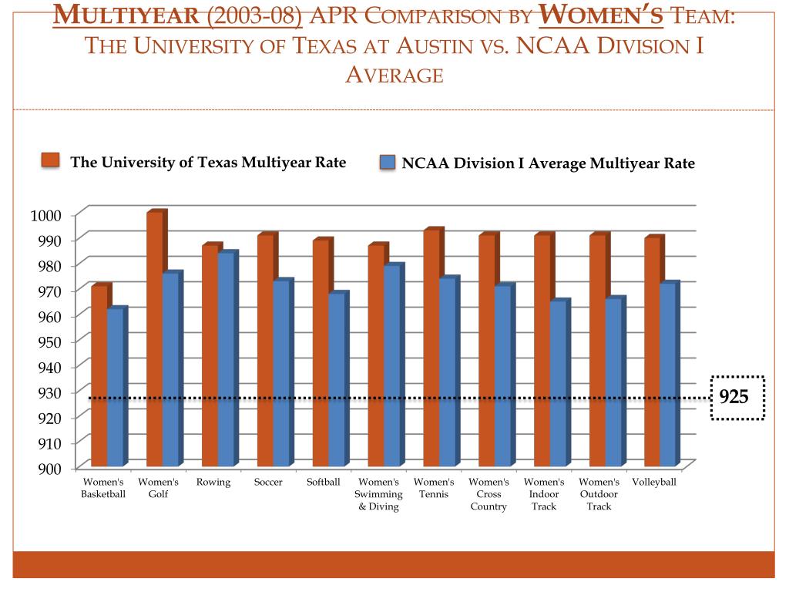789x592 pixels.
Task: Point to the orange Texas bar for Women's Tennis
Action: pos(431,347)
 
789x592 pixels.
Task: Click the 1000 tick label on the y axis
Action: pos(45,215)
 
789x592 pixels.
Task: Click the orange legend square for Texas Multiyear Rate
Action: pos(51,160)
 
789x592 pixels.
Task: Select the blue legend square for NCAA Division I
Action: pos(388,163)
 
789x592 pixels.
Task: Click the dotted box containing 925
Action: pos(736,398)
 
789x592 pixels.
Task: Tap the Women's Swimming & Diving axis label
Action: pos(378,494)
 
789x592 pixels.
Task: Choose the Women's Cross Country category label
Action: pos(489,494)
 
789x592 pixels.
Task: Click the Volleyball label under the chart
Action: pos(653,483)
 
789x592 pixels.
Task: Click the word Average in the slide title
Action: pos(394,75)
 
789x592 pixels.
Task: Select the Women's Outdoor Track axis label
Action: pos(599,494)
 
